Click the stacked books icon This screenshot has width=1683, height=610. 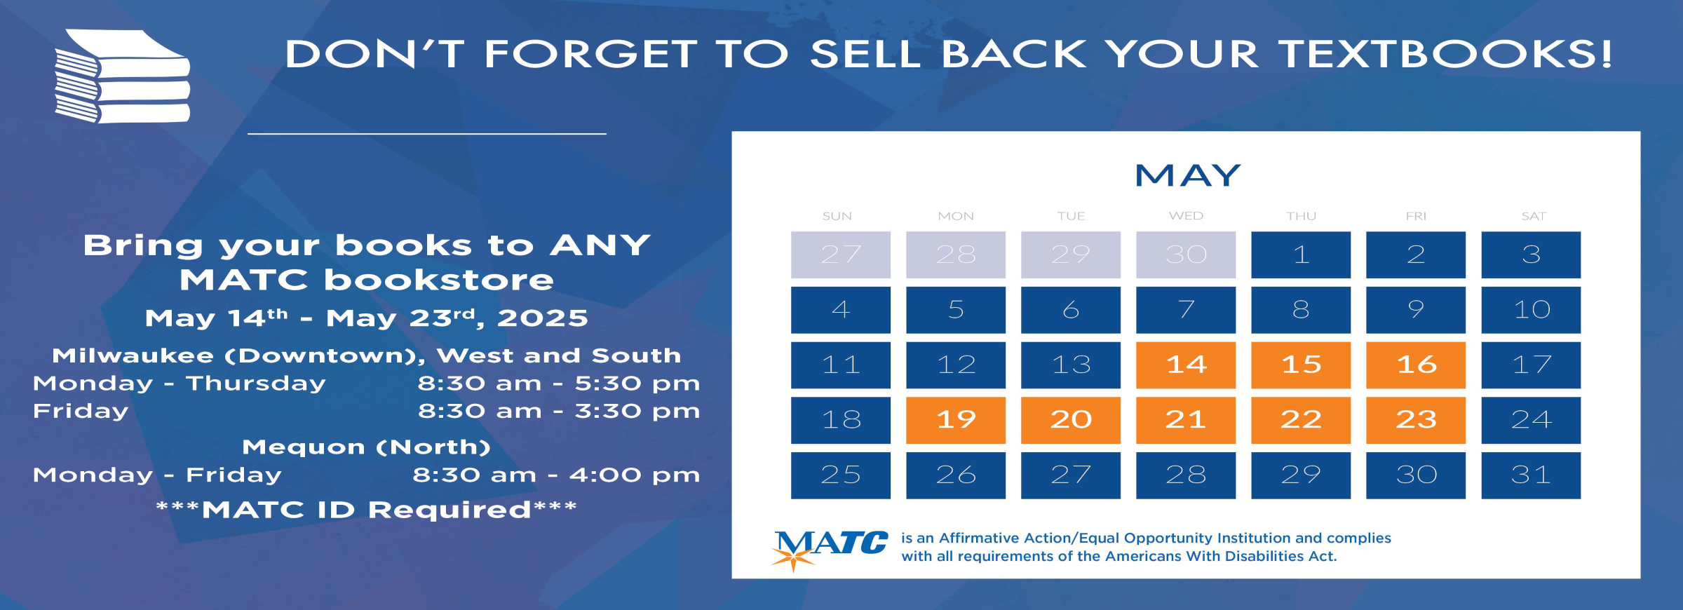[123, 76]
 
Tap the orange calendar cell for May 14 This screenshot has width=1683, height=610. [1186, 365]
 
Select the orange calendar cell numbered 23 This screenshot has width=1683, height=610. [1416, 420]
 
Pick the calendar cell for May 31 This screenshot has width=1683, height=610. [1531, 475]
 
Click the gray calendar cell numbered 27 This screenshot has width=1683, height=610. [841, 255]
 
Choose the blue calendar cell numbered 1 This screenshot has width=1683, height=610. [1301, 255]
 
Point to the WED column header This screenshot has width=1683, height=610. [1186, 216]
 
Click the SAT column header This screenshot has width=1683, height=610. [1534, 216]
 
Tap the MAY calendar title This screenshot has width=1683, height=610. [1188, 175]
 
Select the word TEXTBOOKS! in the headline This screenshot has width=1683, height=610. [1445, 54]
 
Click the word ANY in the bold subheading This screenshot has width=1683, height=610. [600, 245]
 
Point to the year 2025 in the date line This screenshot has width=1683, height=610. [543, 318]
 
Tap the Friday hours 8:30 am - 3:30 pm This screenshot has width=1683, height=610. [559, 411]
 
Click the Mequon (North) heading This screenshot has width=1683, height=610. [366, 447]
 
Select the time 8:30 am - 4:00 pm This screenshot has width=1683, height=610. [556, 475]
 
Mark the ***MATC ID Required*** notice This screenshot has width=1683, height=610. [366, 510]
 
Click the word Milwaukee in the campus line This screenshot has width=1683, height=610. [133, 355]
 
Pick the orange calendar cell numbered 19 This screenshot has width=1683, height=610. [956, 420]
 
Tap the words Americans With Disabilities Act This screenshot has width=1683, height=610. [1221, 557]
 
